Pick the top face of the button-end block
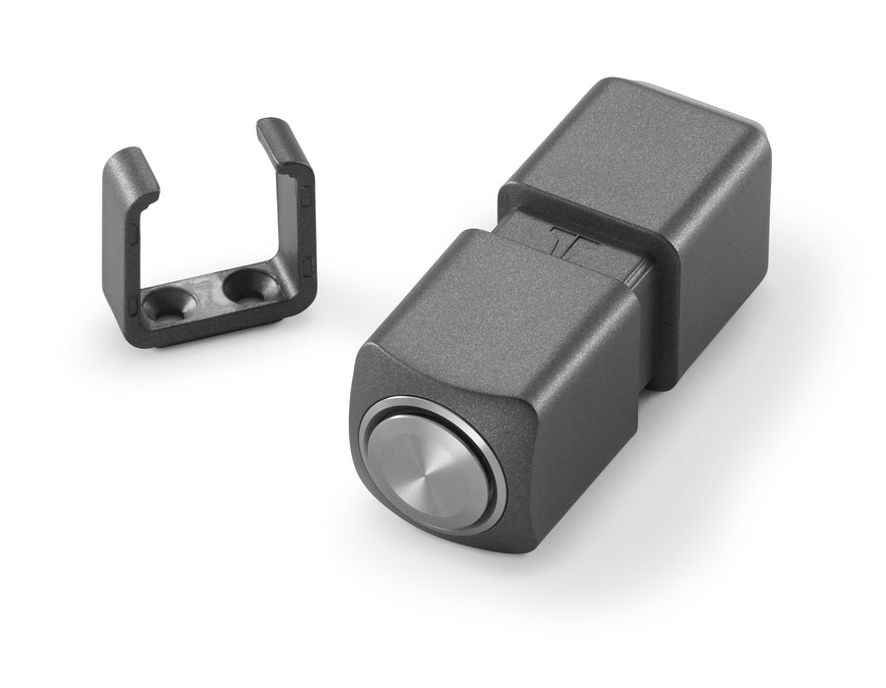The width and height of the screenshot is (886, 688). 492,295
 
